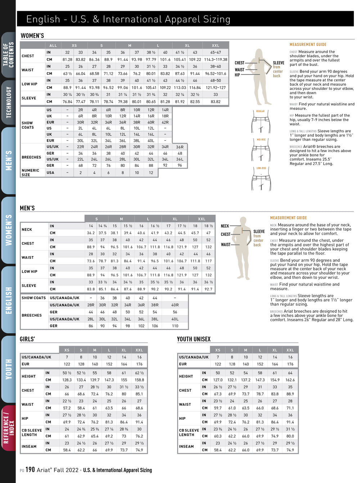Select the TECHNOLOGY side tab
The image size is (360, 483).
click(8, 102)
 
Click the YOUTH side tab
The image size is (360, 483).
click(8, 369)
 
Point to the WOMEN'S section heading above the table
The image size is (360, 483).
click(32, 36)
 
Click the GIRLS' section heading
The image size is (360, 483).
click(27, 339)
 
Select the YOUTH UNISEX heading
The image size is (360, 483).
click(194, 339)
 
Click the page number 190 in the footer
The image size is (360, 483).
click(30, 470)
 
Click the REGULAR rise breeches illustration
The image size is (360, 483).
click(261, 122)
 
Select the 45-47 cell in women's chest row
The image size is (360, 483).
click(215, 53)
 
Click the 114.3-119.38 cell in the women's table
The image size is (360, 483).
click(215, 60)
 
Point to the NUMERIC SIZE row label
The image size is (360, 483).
click(30, 173)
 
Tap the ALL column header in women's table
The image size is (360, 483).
click(53, 46)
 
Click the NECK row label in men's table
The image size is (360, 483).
click(27, 229)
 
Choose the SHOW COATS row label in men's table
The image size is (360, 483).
click(33, 298)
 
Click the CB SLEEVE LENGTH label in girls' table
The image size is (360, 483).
click(32, 432)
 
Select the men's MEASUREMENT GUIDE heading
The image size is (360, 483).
click(288, 218)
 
